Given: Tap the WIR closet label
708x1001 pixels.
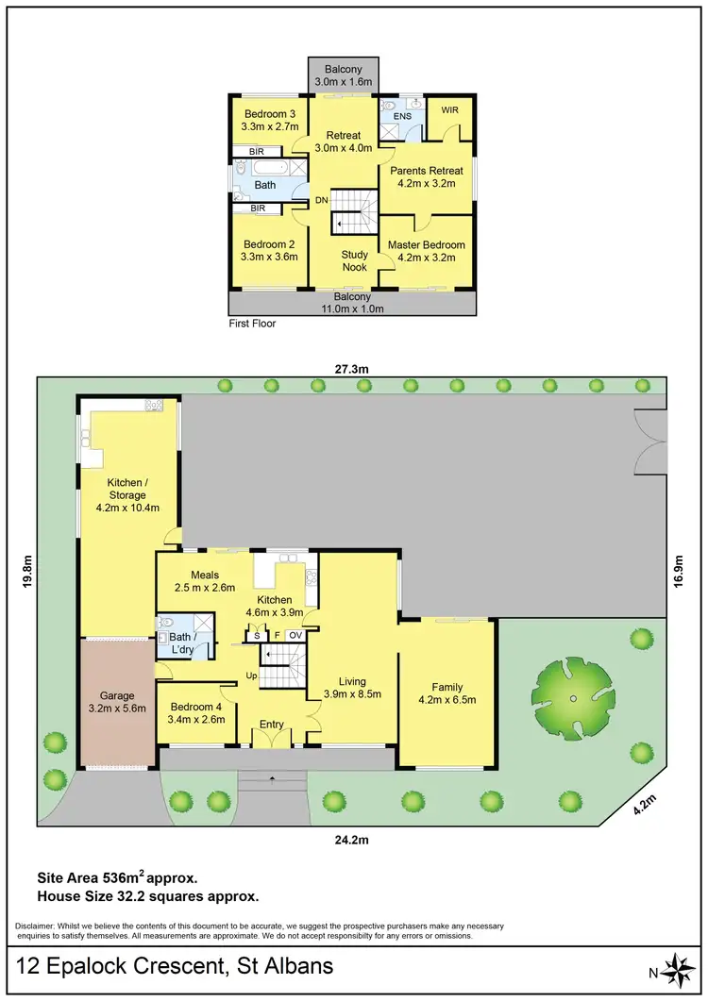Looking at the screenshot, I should pyautogui.click(x=448, y=108).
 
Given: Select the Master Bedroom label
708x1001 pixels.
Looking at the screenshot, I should pyautogui.click(x=427, y=244).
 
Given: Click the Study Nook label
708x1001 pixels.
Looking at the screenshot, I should pyautogui.click(x=355, y=260).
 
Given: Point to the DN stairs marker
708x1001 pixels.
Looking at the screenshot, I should pyautogui.click(x=321, y=200).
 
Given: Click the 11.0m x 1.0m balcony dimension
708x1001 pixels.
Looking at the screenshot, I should pyautogui.click(x=349, y=309).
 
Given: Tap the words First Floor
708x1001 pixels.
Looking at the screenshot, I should pyautogui.click(x=253, y=324).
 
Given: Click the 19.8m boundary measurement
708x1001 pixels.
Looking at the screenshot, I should pyautogui.click(x=27, y=572).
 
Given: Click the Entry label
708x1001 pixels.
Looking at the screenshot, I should pyautogui.click(x=272, y=725).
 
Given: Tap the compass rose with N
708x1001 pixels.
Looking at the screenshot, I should pyautogui.click(x=677, y=969).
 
